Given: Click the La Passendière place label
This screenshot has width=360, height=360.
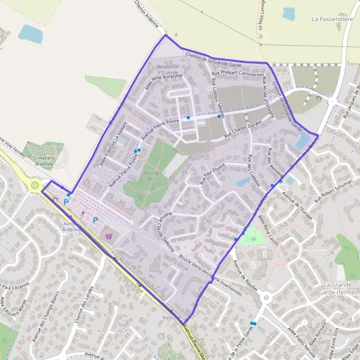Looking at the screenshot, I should click(331, 19).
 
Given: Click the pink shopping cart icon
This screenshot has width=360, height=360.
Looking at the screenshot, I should click(108, 236).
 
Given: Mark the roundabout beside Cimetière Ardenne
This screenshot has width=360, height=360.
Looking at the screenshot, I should click(35, 185).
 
